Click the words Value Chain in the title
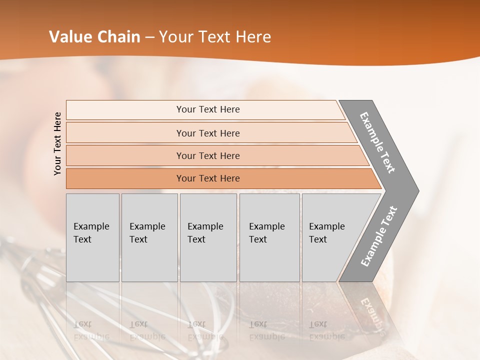(94, 37)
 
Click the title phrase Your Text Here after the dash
(214, 37)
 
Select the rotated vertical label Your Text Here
(57, 143)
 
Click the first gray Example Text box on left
(92, 237)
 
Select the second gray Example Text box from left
(149, 237)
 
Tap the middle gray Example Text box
(208, 237)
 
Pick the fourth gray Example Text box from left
(269, 237)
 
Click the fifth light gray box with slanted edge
(330, 237)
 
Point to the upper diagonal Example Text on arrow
(377, 142)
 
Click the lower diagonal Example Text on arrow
(378, 236)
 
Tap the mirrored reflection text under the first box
(91, 330)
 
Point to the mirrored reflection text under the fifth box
(326, 330)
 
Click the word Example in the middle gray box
(205, 226)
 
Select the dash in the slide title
(149, 37)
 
